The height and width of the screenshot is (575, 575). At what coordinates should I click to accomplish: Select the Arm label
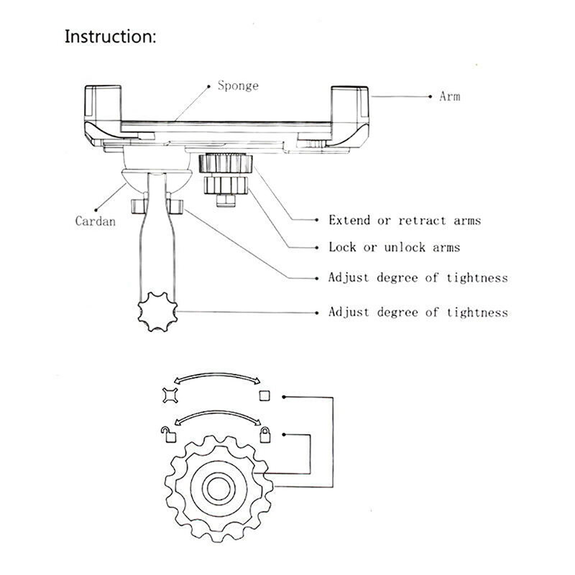pos(449,96)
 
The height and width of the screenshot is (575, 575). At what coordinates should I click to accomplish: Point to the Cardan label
pos(96,221)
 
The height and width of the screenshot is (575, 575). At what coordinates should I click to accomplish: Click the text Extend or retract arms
pos(405,220)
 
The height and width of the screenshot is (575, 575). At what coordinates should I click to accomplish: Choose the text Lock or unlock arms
pos(394,247)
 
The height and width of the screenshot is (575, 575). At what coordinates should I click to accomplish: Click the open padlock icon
pos(168,433)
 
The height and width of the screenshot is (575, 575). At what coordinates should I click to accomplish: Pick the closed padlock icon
pos(265,434)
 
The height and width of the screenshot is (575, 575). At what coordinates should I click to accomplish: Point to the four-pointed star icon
pos(170,394)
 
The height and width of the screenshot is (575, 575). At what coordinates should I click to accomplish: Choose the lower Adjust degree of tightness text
pos(418,312)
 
